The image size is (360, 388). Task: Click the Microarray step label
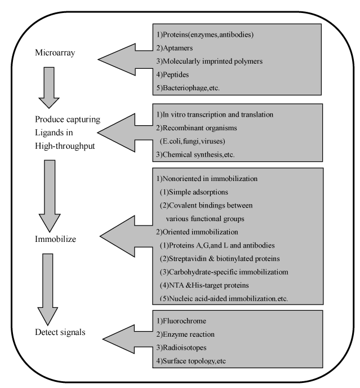(55, 52)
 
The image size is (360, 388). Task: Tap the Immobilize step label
(55, 239)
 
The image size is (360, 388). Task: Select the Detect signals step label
(60, 332)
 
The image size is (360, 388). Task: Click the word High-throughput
(65, 146)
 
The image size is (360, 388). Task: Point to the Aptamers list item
(174, 48)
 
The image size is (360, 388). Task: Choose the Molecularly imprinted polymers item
(209, 61)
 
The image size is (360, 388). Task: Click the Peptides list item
(172, 75)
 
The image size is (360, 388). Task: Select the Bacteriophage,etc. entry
(188, 88)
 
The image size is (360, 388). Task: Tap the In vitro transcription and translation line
(215, 114)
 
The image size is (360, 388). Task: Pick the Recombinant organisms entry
(196, 128)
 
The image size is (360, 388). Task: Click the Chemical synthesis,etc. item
(195, 155)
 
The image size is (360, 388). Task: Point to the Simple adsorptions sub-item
(194, 192)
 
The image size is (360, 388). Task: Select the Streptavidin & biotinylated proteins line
(220, 259)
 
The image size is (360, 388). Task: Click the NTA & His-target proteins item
(205, 285)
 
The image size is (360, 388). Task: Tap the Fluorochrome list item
(181, 321)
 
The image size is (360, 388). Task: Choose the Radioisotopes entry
(181, 347)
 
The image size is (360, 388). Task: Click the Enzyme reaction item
(185, 334)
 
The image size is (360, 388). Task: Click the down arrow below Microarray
(49, 87)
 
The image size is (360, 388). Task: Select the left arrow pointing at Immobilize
(126, 236)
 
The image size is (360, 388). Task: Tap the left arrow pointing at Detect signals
(127, 339)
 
